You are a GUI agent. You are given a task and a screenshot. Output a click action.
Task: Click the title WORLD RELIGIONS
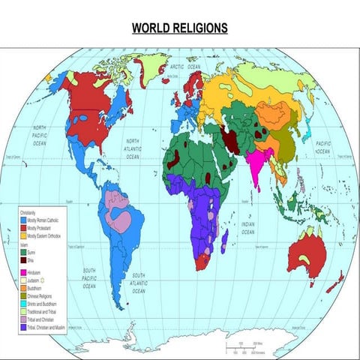click(x=179, y=28)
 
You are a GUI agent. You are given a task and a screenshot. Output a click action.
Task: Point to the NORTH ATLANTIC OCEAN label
click(x=133, y=149)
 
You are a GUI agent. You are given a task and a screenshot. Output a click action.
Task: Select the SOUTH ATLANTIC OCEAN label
click(x=135, y=278)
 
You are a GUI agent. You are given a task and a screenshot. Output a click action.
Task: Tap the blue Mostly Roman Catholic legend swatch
click(x=23, y=221)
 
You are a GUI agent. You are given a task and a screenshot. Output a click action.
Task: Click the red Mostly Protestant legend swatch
click(x=23, y=229)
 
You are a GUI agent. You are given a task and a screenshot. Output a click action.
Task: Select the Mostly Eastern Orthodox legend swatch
click(x=23, y=236)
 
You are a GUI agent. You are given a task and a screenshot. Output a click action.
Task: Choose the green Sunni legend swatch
click(x=23, y=253)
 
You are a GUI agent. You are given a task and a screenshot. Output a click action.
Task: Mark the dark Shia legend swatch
click(x=23, y=260)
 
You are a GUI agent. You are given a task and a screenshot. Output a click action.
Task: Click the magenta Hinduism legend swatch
click(x=23, y=271)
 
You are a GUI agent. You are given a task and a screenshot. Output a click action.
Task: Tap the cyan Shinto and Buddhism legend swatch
click(x=23, y=301)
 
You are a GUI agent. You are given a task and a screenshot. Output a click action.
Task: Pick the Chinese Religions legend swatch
click(x=23, y=294)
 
